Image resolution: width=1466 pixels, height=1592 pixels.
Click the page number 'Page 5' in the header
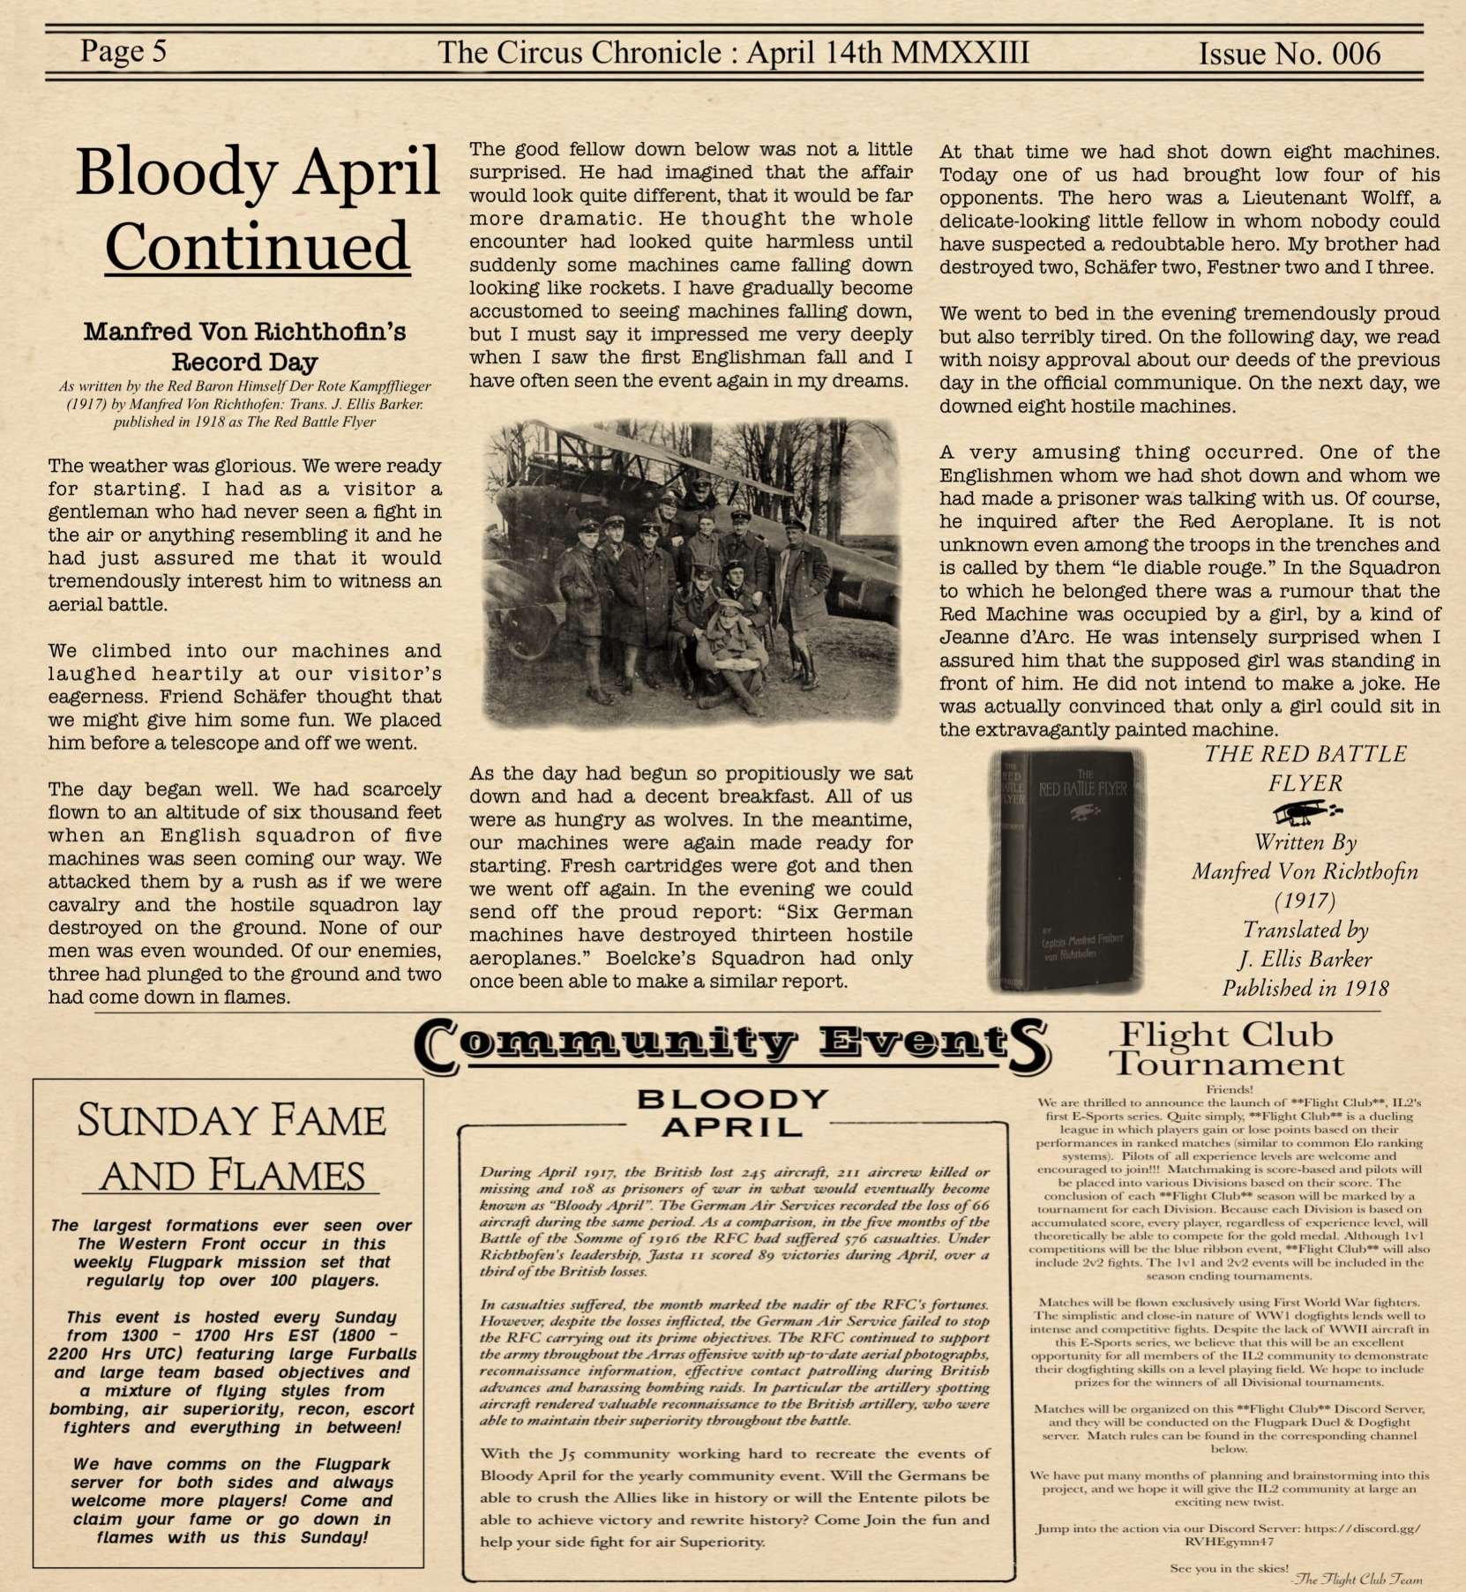point(123,51)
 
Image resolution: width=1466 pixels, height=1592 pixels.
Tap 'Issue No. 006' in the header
point(1289,54)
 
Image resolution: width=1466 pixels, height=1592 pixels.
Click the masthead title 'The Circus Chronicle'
point(579,52)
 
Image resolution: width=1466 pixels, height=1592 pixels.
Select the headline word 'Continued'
point(257,247)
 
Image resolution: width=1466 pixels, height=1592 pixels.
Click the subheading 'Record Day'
point(244,362)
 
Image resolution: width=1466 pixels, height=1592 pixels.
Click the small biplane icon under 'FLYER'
point(1305,811)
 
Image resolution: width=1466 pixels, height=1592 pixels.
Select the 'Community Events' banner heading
point(731,1044)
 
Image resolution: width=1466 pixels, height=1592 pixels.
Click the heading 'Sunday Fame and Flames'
point(231,1147)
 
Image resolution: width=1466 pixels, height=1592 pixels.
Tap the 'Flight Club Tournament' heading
point(1227,1049)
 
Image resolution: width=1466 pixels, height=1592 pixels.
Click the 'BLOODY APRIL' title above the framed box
point(732,1112)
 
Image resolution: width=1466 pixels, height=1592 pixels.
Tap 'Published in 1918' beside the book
point(1305,989)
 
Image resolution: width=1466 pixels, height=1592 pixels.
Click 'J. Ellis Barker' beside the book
point(1305,960)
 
